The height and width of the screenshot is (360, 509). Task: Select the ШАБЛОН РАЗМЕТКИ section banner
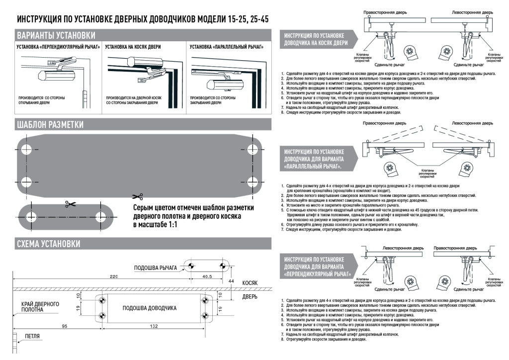50,124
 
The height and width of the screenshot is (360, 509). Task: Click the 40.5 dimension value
207,275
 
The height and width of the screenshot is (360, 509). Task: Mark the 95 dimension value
65,326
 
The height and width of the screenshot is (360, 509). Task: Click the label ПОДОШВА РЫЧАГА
155,268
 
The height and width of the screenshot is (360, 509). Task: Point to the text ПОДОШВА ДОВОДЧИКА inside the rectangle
150,308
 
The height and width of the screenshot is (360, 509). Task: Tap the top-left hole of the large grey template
26,148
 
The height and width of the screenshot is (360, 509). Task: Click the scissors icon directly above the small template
68,204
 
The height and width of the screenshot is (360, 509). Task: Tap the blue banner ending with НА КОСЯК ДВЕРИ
313,40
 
